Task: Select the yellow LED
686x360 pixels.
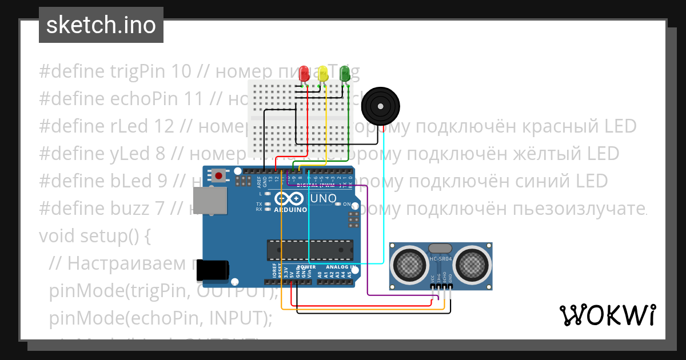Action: point(324,73)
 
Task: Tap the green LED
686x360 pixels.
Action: point(344,73)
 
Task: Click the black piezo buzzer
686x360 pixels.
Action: point(382,107)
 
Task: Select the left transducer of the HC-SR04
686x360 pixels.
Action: point(409,263)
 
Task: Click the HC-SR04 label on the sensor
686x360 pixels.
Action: point(441,261)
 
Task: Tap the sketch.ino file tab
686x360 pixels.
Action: point(101,25)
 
